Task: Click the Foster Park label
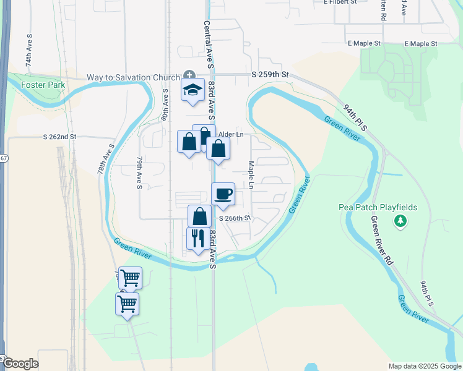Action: (x=43, y=85)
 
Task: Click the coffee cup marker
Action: (x=223, y=194)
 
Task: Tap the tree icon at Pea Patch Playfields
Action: (x=400, y=221)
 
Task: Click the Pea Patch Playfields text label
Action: (x=378, y=208)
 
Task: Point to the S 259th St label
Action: (x=270, y=74)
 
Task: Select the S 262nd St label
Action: (x=59, y=137)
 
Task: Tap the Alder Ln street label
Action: (x=231, y=134)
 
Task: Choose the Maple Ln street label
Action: (x=251, y=176)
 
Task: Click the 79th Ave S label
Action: (x=140, y=173)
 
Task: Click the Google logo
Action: (x=20, y=364)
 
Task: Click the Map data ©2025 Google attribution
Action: (x=425, y=366)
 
